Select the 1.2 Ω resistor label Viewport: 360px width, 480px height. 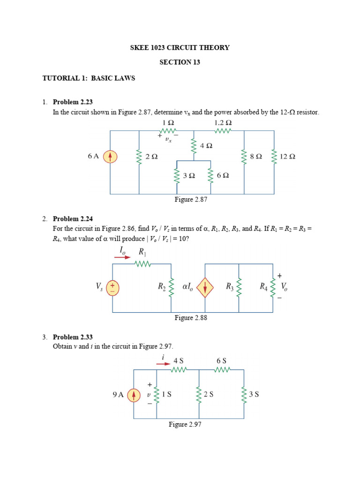point(223,122)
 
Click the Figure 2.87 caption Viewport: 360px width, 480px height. point(191,199)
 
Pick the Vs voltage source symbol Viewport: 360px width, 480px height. point(112,287)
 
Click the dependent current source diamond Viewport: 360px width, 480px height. point(205,287)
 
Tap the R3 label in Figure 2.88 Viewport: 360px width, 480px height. point(230,286)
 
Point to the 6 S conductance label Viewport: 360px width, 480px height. point(221,360)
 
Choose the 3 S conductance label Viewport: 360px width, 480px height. point(254,394)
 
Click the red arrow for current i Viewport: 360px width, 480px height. point(163,363)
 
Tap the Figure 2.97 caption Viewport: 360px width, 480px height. point(185,424)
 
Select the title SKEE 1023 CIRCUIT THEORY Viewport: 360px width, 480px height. point(180,47)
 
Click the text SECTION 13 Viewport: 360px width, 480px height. point(180,62)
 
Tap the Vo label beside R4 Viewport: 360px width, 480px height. point(285,286)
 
